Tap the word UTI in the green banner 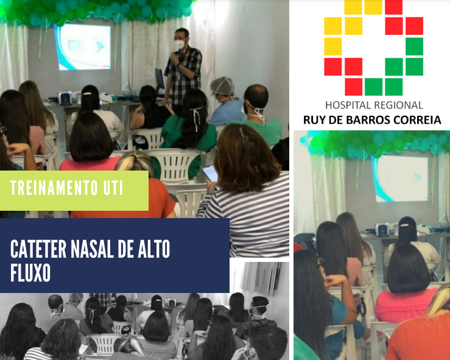tap(113, 188)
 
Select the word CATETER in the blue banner tap(38, 249)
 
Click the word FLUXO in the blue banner tap(30, 272)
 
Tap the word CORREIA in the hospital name tap(417, 120)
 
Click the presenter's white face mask tap(180, 44)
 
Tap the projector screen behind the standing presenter tap(82, 47)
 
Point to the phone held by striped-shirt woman tap(210, 174)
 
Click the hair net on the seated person tap(222, 85)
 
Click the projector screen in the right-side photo tap(401, 178)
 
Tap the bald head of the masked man tap(256, 95)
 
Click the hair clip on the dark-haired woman tap(87, 93)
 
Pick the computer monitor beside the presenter tap(160, 79)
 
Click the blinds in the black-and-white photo tap(261, 278)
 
